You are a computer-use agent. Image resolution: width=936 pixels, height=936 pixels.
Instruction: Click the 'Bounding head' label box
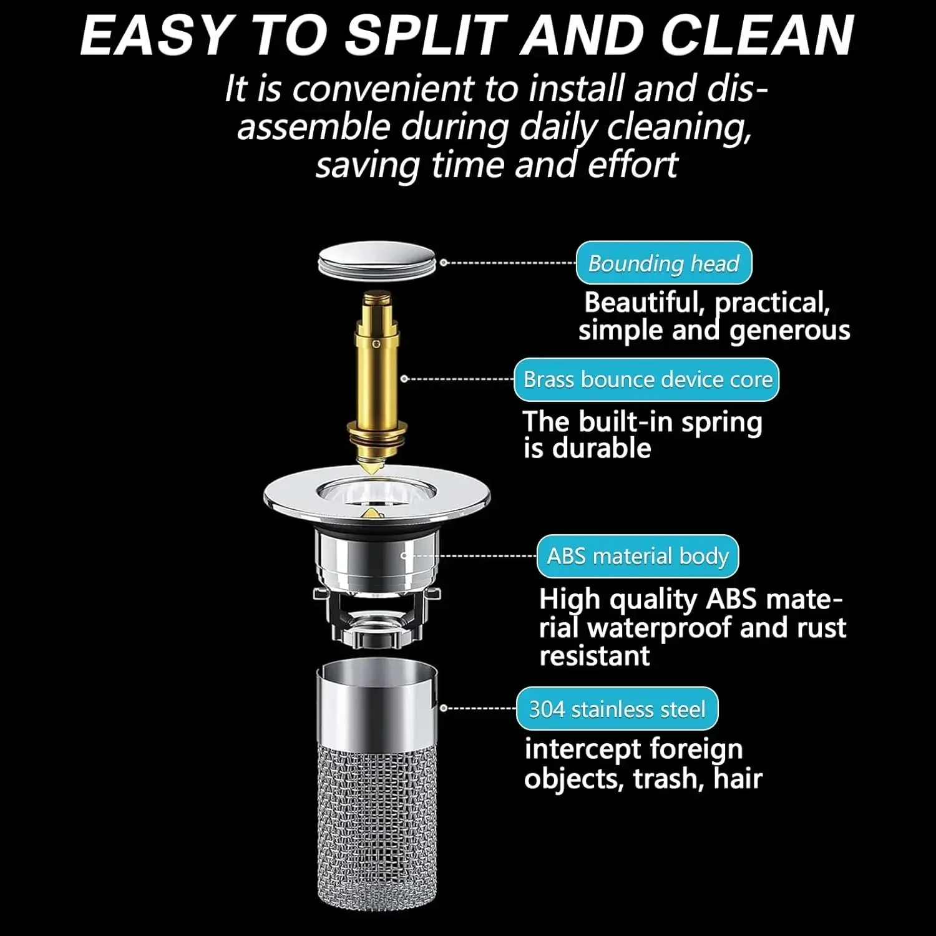coord(663,263)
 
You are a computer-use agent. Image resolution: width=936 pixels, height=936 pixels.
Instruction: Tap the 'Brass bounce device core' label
coord(647,379)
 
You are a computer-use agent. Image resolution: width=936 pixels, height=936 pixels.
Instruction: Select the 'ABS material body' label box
coord(637,556)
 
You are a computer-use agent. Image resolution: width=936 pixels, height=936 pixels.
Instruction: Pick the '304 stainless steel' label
coord(617,709)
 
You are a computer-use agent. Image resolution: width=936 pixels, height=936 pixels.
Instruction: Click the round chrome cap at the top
coord(376,259)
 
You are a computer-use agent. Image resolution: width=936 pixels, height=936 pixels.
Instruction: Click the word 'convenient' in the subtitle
coord(383,89)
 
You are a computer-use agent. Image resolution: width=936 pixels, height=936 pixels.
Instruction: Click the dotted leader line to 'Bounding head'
coord(509,263)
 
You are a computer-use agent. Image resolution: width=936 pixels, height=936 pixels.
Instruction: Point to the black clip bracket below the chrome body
coord(377,615)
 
